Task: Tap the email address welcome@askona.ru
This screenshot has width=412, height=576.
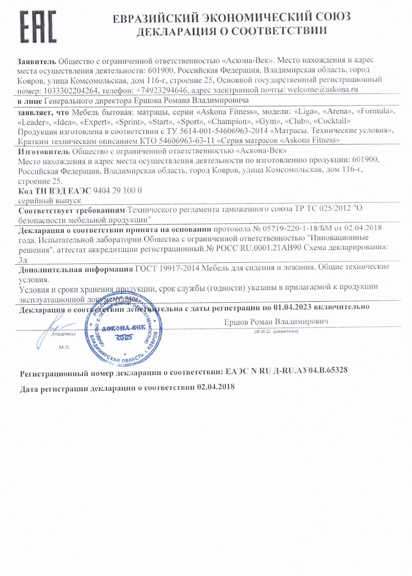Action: (322, 90)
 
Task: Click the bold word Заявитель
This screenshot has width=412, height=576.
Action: (36, 61)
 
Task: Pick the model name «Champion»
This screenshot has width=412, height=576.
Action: (229, 121)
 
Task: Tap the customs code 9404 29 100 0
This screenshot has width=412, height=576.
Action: (117, 191)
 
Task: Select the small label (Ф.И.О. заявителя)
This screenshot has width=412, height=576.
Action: (276, 331)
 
